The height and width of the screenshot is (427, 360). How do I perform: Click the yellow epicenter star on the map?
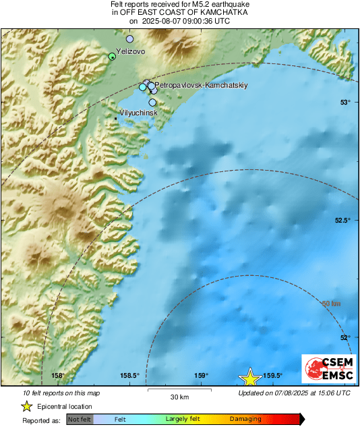(x=251, y=378)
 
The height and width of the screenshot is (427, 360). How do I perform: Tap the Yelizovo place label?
(x=130, y=51)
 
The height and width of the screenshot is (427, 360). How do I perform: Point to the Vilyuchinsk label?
(x=138, y=113)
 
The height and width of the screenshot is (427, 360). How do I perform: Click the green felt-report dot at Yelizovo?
(x=112, y=57)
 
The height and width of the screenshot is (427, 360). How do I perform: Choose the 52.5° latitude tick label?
(x=342, y=221)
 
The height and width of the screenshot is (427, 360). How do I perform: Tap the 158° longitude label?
(x=57, y=376)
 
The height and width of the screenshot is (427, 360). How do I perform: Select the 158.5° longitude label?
(x=129, y=376)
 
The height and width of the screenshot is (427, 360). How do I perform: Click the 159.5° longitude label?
(x=272, y=376)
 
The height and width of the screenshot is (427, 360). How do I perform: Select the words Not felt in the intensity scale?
(x=80, y=420)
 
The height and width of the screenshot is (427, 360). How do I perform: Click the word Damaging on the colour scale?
(x=245, y=420)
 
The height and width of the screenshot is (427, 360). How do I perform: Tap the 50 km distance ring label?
(x=330, y=304)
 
